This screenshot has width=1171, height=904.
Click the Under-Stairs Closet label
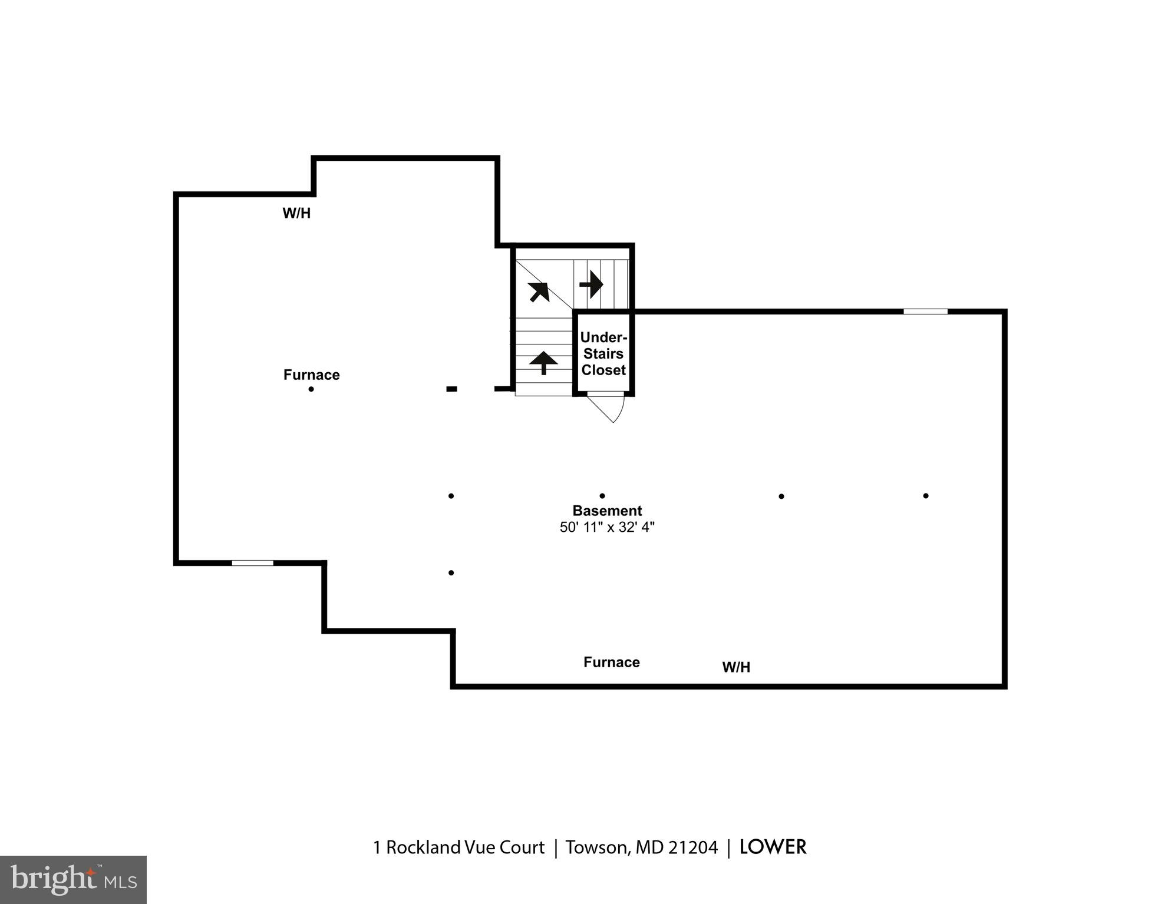(x=603, y=353)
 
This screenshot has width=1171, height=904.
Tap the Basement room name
(x=606, y=511)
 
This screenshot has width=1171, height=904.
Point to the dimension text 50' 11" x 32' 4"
(x=606, y=527)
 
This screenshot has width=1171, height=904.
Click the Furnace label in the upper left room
(x=311, y=375)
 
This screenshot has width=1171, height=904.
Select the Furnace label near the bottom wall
(x=611, y=662)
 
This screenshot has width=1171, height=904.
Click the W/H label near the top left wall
(x=296, y=213)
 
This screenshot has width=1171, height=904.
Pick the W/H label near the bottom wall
(x=736, y=667)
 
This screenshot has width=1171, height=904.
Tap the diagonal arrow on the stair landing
(x=539, y=292)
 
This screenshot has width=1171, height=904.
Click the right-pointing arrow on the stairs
(x=591, y=284)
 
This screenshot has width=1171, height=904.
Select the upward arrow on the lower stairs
(x=543, y=363)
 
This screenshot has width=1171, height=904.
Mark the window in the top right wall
(x=925, y=311)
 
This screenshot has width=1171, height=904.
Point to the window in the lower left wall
(x=252, y=563)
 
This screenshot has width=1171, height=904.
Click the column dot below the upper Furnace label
(x=311, y=389)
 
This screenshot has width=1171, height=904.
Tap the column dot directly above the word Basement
(x=602, y=496)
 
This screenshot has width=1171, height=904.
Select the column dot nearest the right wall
(x=926, y=496)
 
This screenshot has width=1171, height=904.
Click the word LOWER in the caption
(x=773, y=847)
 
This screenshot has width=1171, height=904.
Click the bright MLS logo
(x=73, y=880)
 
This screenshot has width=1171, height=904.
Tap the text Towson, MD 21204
(x=641, y=847)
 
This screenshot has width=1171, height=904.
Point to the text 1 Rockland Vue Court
(x=458, y=847)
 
